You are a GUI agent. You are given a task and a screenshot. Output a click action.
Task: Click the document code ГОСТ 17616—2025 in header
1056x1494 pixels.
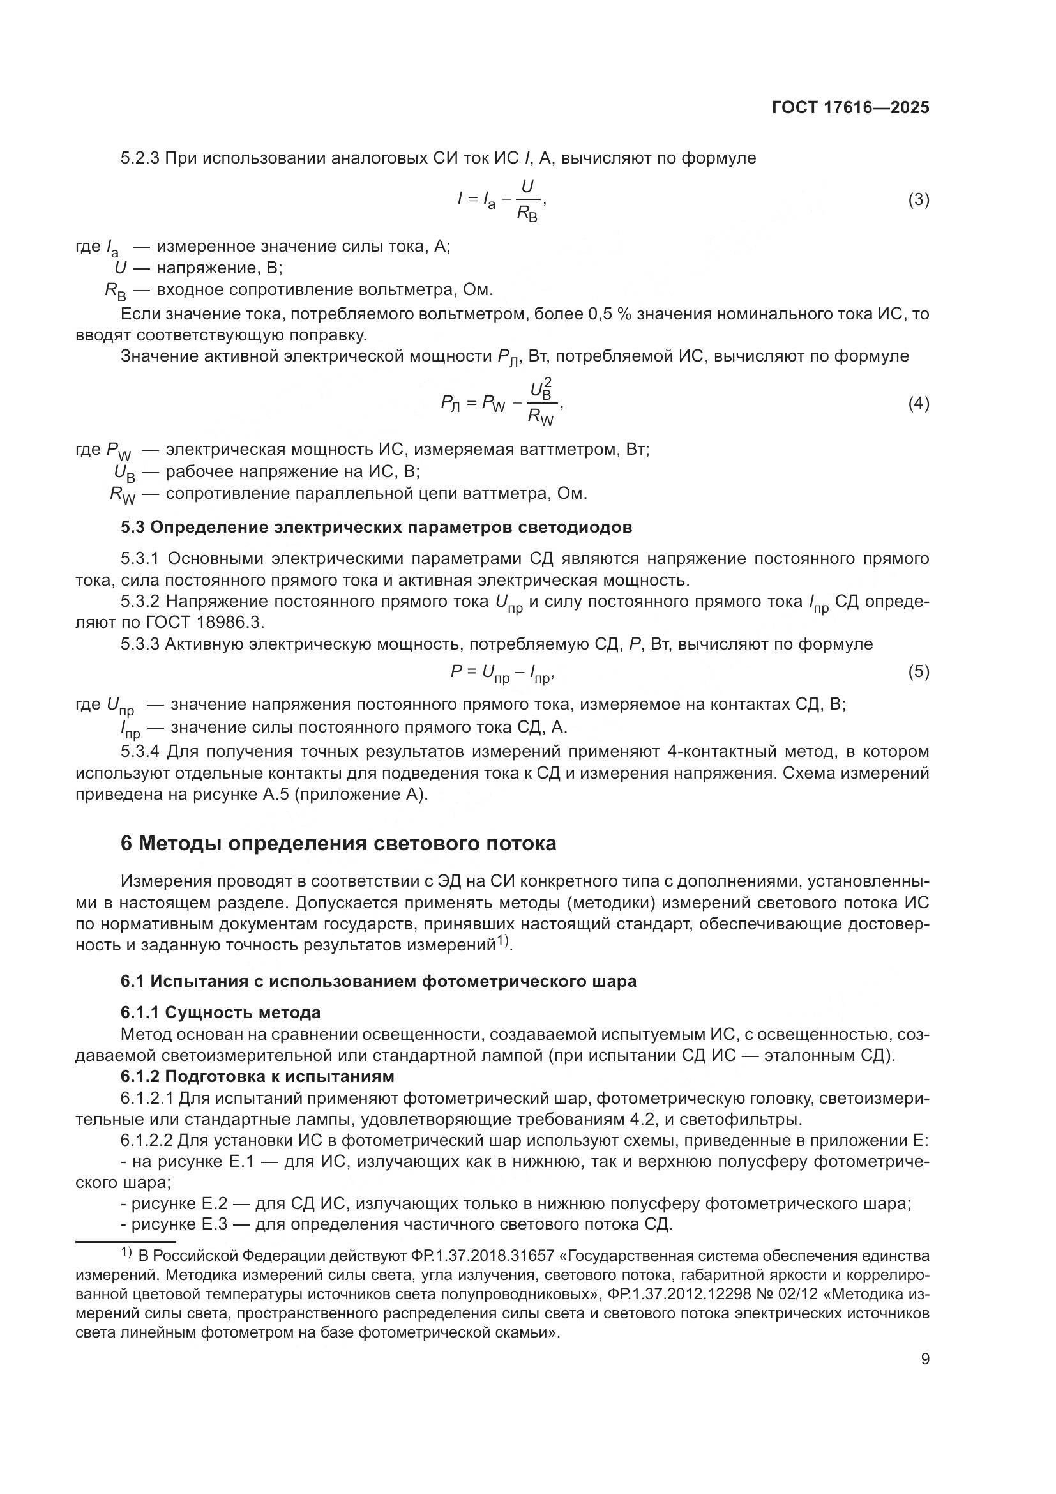click(x=850, y=107)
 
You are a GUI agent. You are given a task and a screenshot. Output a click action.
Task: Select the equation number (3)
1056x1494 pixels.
click(x=918, y=200)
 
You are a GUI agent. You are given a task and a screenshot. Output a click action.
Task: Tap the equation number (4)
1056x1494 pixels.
click(x=918, y=404)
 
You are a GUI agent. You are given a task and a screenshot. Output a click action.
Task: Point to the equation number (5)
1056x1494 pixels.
click(x=918, y=671)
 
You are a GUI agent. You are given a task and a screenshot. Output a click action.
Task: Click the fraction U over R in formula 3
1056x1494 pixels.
click(x=527, y=201)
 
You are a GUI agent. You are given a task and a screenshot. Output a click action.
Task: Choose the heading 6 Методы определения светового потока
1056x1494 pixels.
click(x=338, y=843)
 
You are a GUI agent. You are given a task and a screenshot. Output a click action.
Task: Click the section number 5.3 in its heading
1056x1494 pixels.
click(x=133, y=527)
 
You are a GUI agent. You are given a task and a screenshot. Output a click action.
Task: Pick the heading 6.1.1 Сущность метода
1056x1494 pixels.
click(x=220, y=1012)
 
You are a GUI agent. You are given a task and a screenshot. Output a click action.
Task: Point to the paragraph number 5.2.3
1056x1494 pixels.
click(x=140, y=158)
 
